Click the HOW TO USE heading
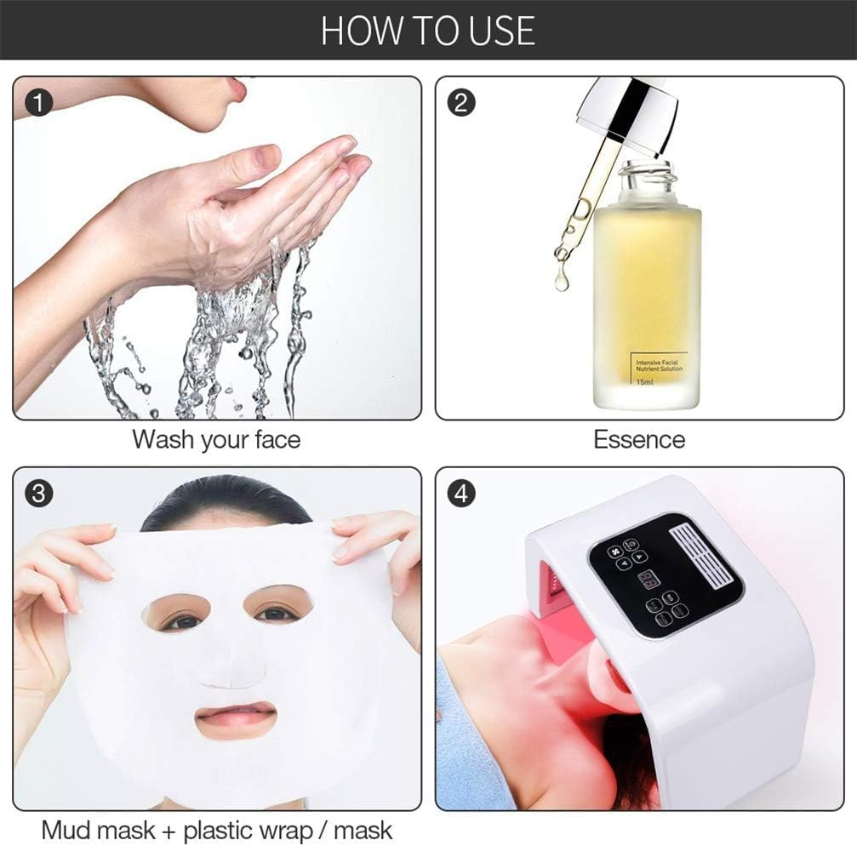click(428, 30)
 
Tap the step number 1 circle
click(39, 103)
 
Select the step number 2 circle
click(461, 103)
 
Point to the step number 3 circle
click(39, 493)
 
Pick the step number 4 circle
click(461, 493)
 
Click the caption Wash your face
click(216, 440)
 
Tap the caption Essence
click(638, 440)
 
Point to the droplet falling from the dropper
click(562, 281)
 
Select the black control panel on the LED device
click(664, 574)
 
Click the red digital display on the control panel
click(648, 580)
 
